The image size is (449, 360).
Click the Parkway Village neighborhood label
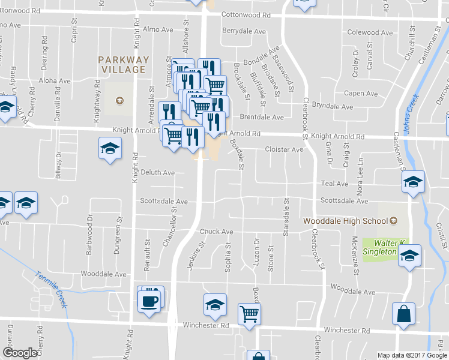coord(123,64)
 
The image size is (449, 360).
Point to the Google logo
coord(20,353)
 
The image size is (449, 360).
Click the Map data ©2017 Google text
coord(412,355)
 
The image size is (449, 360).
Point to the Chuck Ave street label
coord(216,232)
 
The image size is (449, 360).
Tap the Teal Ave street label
coord(334,184)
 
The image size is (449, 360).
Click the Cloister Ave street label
coord(284,149)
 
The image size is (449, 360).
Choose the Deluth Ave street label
coord(157,173)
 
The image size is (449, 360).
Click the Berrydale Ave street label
coord(244,31)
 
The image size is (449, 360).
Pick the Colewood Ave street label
coord(372,32)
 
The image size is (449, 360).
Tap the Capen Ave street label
coord(360,94)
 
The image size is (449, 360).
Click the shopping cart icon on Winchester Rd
coord(249,313)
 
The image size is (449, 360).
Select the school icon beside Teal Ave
coord(413,182)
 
